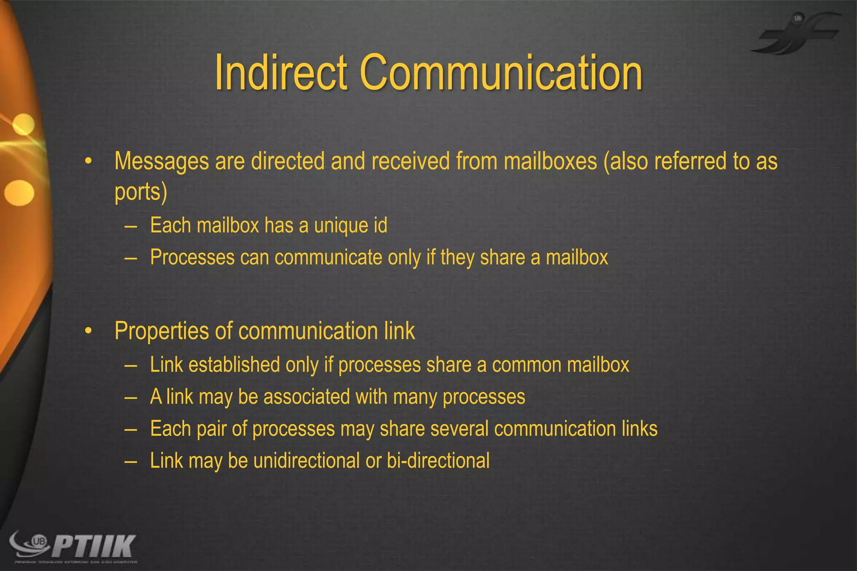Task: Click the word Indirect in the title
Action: pos(281,73)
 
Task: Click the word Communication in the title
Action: pos(500,73)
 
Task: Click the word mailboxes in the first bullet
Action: pos(550,161)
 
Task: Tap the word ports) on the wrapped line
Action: pos(141,192)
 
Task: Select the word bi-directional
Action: pos(438,461)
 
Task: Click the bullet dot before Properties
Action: pos(88,331)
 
